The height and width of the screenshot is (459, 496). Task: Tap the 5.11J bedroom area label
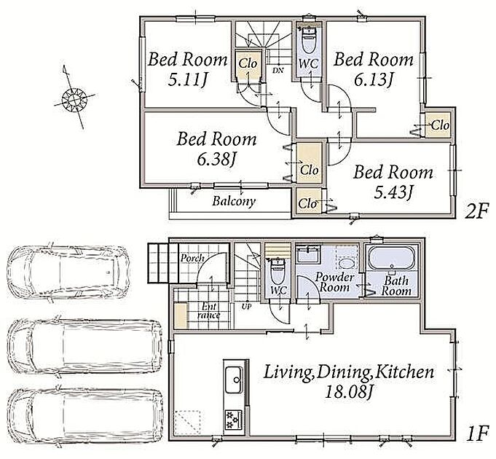coord(187,80)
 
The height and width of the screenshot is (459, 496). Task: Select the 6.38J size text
coord(216,160)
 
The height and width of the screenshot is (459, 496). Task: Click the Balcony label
coord(234,201)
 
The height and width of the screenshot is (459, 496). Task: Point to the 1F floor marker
coord(477,435)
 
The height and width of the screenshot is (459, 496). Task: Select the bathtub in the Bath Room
coord(393,258)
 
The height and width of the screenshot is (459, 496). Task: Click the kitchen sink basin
coord(234,380)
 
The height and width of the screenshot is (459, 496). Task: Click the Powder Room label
coord(334,282)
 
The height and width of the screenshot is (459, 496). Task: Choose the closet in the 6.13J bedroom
coord(438,125)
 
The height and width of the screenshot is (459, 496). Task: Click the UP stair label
coord(246,307)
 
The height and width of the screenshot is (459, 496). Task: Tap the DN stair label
coord(278,70)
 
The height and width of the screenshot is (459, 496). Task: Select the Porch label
coord(192,259)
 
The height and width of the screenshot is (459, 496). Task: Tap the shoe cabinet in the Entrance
coord(181,315)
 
